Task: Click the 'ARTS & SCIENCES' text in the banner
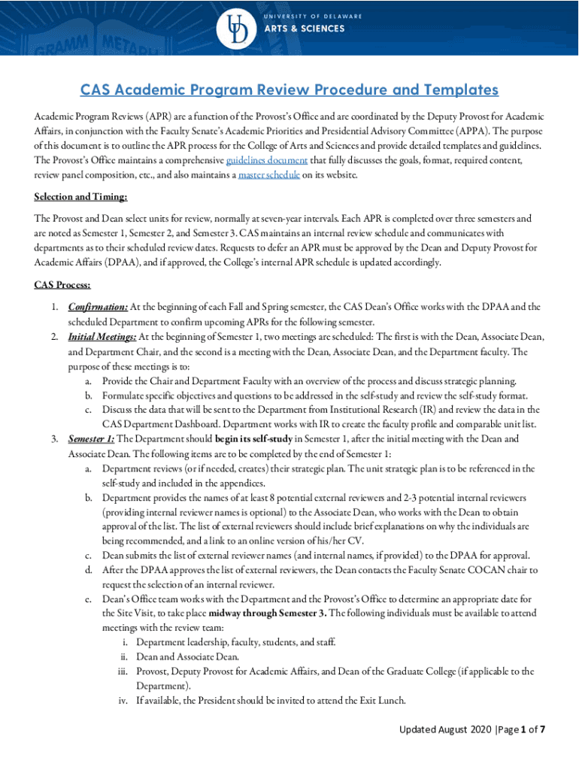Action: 304,29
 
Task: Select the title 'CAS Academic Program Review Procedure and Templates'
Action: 289,90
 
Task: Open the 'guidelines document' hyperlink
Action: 266,160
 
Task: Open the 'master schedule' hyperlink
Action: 268,174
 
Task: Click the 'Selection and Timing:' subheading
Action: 80,197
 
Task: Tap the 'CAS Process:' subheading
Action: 63,285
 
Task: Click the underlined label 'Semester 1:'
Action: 91,438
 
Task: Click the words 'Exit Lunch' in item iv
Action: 380,701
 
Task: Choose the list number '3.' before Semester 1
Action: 56,438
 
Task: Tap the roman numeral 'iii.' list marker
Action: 123,671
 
